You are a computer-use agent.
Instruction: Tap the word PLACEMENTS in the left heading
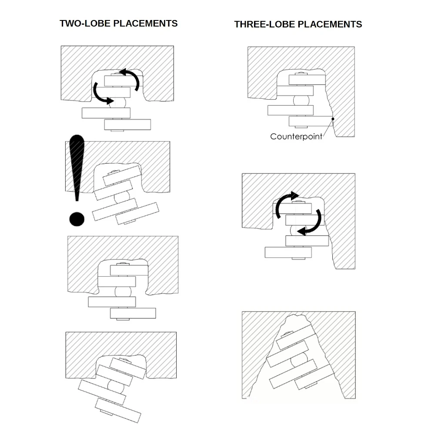click(x=146, y=23)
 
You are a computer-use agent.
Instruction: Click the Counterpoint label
click(x=296, y=137)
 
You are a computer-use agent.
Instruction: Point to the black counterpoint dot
click(x=333, y=119)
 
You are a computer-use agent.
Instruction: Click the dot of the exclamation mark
click(x=77, y=219)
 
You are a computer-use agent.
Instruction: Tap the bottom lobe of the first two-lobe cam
click(x=127, y=124)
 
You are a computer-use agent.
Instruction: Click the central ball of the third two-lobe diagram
click(x=123, y=292)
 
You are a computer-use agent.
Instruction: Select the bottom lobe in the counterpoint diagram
click(x=311, y=121)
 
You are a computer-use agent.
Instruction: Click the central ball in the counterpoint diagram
click(x=301, y=100)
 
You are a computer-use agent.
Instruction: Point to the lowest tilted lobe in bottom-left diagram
click(x=118, y=410)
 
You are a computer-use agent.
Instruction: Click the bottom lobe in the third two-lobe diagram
click(x=133, y=313)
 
